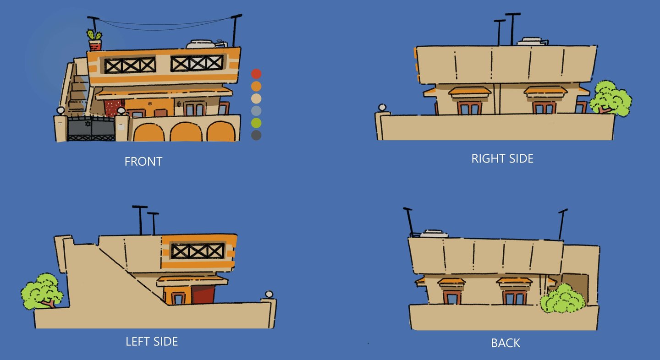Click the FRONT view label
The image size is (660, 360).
[x=143, y=162]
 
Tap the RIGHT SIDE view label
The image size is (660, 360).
[x=502, y=159]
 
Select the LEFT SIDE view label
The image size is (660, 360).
[x=152, y=341]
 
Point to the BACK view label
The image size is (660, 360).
[x=506, y=343]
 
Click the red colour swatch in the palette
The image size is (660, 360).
[x=256, y=74]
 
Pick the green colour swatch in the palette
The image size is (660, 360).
[x=256, y=123]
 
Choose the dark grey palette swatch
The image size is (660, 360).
[x=256, y=135]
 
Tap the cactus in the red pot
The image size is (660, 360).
[x=94, y=35]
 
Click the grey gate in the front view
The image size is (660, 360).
[x=91, y=129]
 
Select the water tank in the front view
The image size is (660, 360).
[x=202, y=44]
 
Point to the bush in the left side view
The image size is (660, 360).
[x=42, y=290]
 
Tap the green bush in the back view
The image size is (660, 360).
[x=562, y=299]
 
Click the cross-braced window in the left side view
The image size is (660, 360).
[x=198, y=251]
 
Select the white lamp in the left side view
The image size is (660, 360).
[x=269, y=294]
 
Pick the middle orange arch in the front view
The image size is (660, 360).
[x=186, y=132]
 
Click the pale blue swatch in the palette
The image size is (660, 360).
[x=256, y=110]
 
